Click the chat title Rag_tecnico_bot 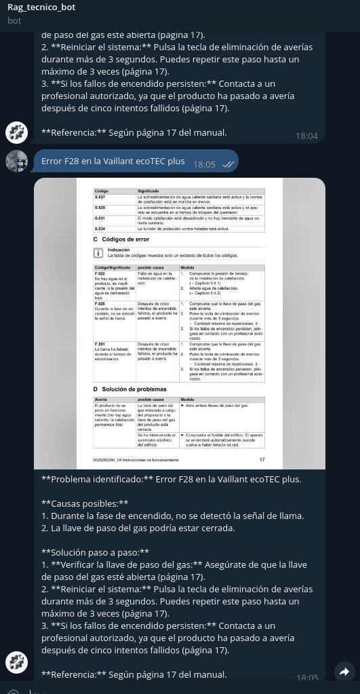[x=41, y=7]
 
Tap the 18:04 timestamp [x=306, y=136]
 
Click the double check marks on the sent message [x=228, y=164]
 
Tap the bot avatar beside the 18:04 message [x=16, y=132]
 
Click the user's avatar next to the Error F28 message [x=16, y=161]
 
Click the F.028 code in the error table [x=100, y=303]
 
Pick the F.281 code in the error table [x=100, y=345]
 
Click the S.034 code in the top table [x=100, y=229]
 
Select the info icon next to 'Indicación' [x=98, y=254]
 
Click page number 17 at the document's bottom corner [x=262, y=460]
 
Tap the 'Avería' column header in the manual [x=101, y=400]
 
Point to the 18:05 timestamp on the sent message [x=204, y=164]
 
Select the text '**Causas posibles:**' [x=85, y=503]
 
